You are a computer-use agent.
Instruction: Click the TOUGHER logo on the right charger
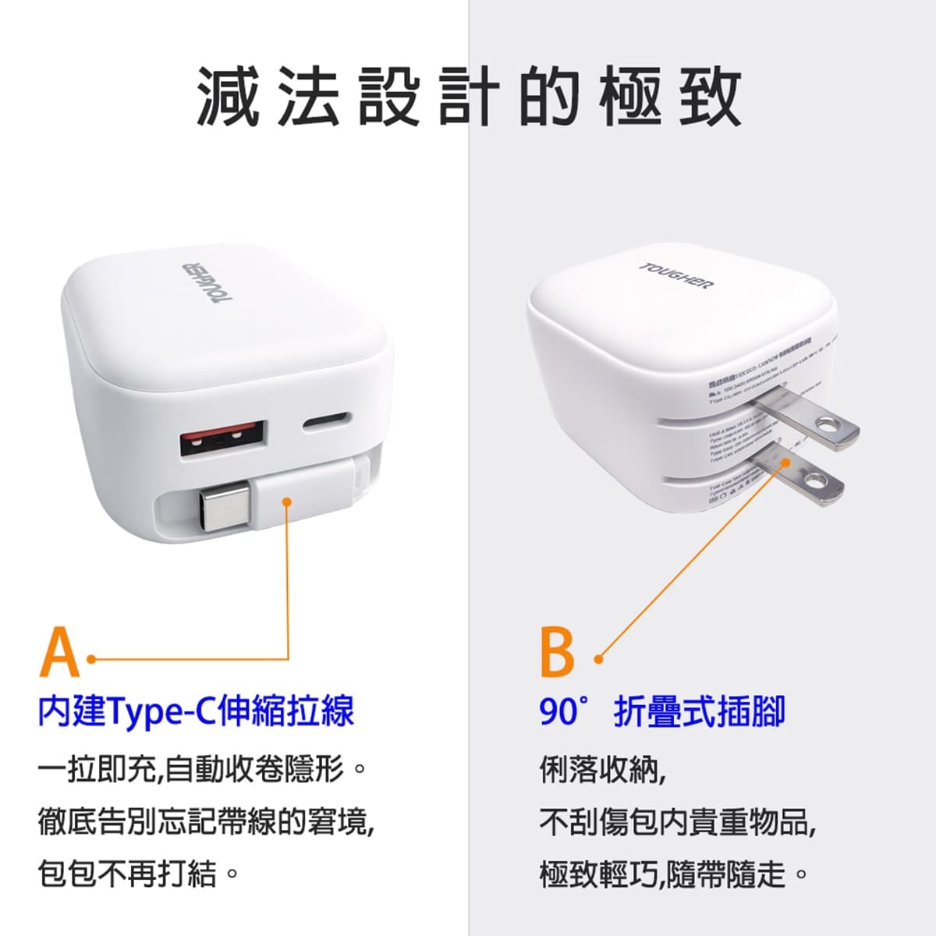(x=676, y=275)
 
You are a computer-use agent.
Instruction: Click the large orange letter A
(x=59, y=651)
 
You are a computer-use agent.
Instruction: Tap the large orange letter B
(x=557, y=651)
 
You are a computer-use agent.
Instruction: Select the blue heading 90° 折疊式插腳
(x=661, y=711)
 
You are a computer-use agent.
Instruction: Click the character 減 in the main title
(x=227, y=97)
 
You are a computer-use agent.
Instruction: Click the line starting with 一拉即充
(x=201, y=770)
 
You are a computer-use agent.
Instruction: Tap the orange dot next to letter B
(x=599, y=659)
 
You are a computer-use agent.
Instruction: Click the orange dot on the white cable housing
(x=288, y=502)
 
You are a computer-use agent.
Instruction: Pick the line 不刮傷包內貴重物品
(x=677, y=821)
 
